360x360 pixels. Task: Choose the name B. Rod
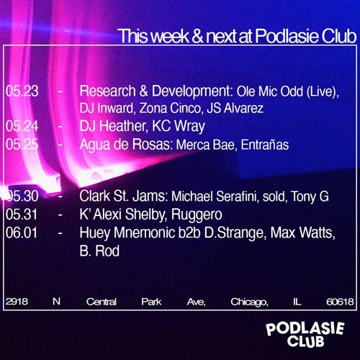click(99, 251)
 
